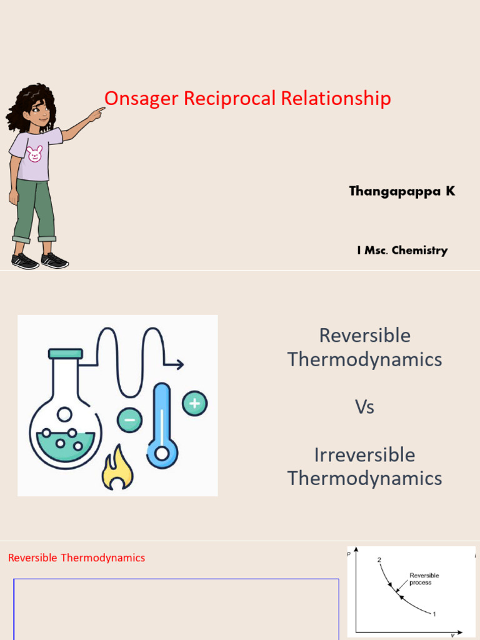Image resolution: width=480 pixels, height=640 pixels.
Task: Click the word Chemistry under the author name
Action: (x=419, y=251)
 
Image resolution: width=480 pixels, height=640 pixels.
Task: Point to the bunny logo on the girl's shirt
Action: (x=35, y=153)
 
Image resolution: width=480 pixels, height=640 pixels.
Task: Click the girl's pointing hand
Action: (x=97, y=113)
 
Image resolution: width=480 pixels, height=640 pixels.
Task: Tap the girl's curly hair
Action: (x=28, y=103)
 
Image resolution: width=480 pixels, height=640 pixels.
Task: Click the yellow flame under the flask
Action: (x=117, y=468)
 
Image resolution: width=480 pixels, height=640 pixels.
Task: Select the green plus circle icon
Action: (x=194, y=403)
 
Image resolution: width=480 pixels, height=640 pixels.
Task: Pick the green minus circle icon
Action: (x=129, y=419)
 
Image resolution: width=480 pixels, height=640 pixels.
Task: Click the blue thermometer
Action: (x=162, y=425)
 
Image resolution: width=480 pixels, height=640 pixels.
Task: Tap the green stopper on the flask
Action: (x=65, y=354)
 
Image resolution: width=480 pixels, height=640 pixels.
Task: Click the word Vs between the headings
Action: (x=364, y=407)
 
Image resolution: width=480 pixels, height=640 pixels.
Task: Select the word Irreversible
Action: (x=364, y=454)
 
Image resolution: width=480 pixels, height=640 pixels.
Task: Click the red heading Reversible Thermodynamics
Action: (x=76, y=557)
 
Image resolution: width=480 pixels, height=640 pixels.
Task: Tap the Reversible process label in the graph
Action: (x=424, y=579)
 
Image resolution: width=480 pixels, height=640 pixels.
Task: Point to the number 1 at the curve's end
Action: (x=434, y=614)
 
